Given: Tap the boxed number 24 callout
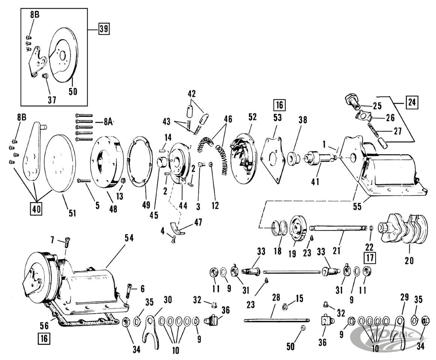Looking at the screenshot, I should (x=412, y=102).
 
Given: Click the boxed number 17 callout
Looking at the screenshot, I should (x=370, y=258).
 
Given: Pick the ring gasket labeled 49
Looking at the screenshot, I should (x=140, y=164).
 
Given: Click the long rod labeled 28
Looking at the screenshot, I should (x=277, y=319).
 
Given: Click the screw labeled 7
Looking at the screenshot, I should (x=66, y=243).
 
